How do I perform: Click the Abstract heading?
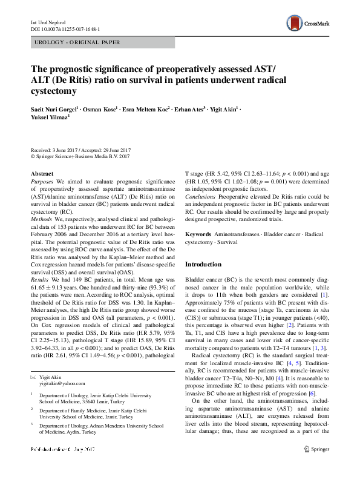(42, 174)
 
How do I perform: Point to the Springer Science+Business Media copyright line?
(80, 156)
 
